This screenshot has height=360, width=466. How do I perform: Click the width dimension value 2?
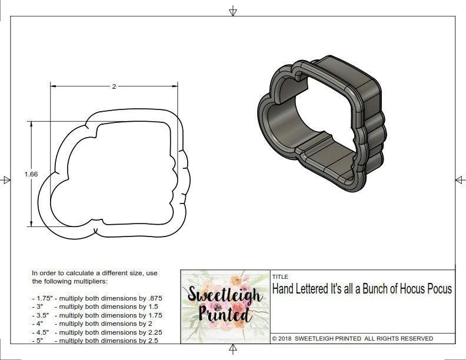point(114,86)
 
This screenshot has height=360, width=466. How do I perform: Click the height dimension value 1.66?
point(31,174)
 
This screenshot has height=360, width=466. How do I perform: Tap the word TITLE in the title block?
point(279,276)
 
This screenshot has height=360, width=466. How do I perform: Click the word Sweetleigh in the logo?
point(225,294)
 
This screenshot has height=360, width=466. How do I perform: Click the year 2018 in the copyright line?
point(286,339)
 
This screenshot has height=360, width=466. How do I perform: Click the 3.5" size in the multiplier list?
point(42,315)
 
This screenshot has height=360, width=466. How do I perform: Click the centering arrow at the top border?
point(233,11)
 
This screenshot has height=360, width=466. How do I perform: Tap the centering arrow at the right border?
point(460,180)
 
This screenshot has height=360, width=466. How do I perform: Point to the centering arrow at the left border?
point(6,180)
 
